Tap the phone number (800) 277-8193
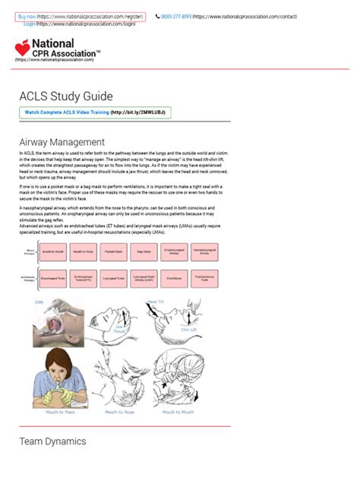point(176,16)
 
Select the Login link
point(30,24)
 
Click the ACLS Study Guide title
point(66,96)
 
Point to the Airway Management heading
point(62,142)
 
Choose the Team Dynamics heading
point(52,441)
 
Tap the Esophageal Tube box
point(53,278)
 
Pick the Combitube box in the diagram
point(175,278)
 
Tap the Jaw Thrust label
point(119,330)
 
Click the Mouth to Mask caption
point(60,412)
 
